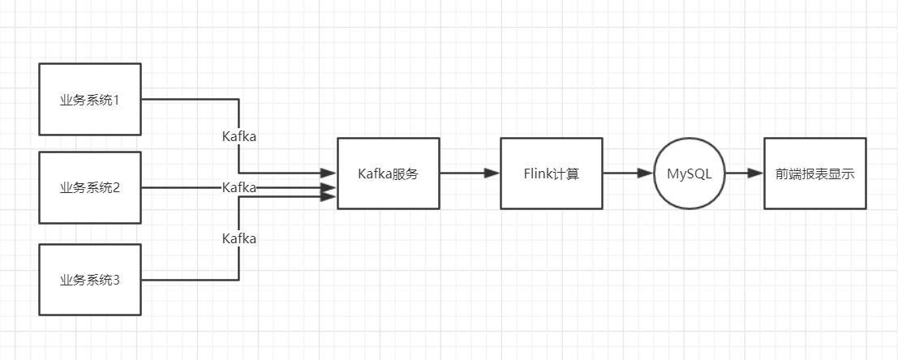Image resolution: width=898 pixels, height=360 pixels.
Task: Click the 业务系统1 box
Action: (89, 98)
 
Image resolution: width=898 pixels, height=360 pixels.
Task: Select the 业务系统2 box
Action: (89, 187)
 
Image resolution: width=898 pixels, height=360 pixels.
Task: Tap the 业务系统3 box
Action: (89, 280)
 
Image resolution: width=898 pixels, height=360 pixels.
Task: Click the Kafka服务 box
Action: (388, 173)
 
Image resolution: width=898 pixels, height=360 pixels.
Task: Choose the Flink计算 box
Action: (551, 173)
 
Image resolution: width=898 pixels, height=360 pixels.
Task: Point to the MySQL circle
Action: (690, 173)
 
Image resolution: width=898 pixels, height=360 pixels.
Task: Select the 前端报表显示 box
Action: (814, 173)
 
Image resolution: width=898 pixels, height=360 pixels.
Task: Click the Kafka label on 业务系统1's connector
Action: (239, 136)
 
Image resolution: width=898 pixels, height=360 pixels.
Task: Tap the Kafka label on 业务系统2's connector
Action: (239, 187)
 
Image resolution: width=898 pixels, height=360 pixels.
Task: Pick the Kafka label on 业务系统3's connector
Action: (239, 238)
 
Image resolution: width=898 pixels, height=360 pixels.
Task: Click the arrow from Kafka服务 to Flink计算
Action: (470, 173)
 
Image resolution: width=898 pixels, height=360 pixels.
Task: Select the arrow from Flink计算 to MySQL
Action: (629, 173)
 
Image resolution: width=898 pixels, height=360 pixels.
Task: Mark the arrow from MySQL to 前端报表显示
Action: (744, 173)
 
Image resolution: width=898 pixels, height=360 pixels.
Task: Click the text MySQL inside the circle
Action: (690, 174)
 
